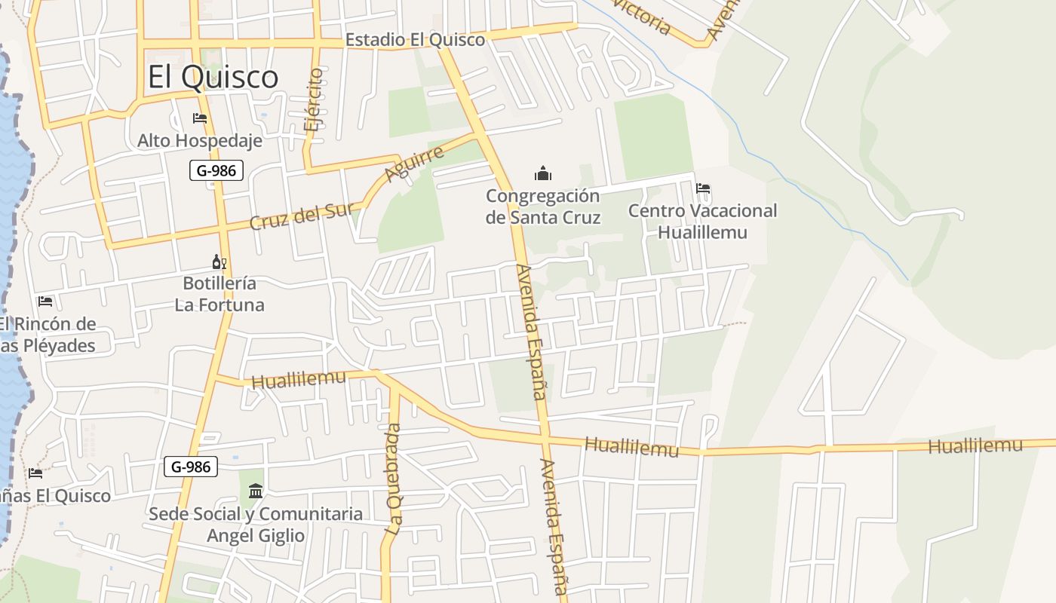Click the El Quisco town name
(213, 77)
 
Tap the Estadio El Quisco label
(415, 39)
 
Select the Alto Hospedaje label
(200, 140)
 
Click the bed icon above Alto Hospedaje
(200, 118)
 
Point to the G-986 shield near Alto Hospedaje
(216, 170)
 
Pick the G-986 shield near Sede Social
(191, 467)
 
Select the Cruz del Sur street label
(301, 216)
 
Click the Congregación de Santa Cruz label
(543, 207)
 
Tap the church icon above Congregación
(543, 174)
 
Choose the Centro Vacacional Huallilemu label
(702, 221)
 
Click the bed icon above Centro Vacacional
(703, 188)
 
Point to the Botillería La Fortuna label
(219, 294)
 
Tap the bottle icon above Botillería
(219, 262)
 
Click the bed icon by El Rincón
(45, 301)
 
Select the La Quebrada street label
(394, 479)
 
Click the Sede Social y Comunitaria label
(256, 525)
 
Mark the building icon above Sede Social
(256, 491)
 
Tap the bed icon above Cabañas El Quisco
(35, 473)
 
